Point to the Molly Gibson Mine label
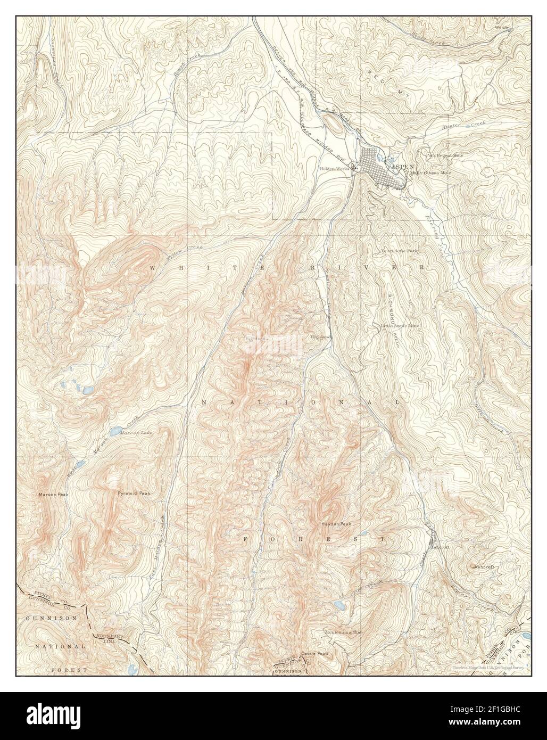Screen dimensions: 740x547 pos(430,173)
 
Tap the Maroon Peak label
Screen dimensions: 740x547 pos(54,495)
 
